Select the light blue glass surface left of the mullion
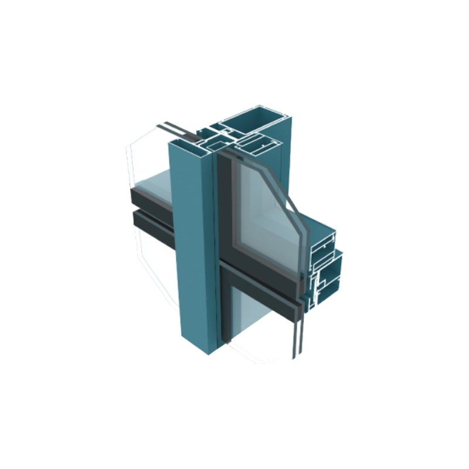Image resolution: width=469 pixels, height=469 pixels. tap(155, 182)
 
